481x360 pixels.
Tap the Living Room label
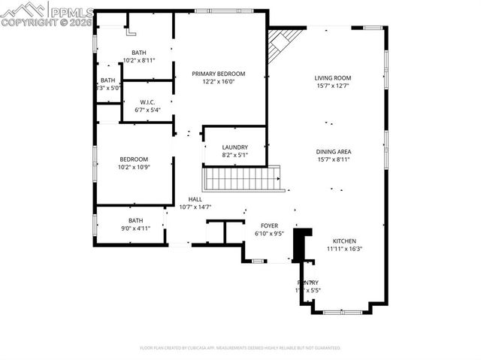332,77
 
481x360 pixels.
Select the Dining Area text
334,151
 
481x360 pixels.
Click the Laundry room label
234,147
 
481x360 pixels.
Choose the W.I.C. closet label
147,102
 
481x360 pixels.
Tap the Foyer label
269,225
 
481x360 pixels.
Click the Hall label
195,199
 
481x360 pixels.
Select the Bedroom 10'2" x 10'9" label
134,159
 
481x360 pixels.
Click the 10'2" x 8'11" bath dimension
138,60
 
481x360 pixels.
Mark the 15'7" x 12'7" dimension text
332,86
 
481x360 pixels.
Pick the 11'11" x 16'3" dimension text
345,249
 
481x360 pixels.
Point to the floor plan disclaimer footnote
240,348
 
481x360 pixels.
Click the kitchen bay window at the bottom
342,310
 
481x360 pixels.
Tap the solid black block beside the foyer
301,244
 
